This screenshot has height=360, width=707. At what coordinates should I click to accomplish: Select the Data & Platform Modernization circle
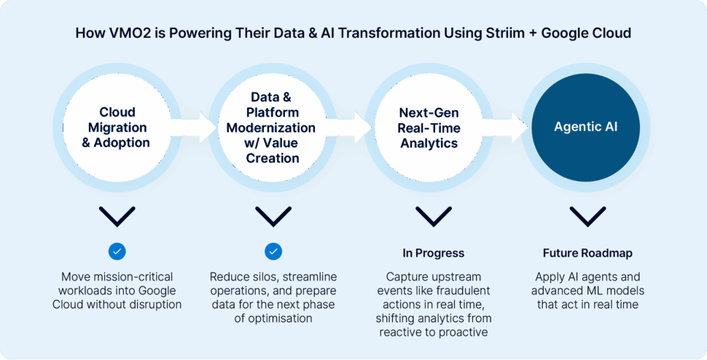pos(273,128)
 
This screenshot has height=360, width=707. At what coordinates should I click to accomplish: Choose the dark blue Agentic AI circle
pos(586,128)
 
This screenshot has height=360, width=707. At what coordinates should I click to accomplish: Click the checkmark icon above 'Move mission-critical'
pos(117,251)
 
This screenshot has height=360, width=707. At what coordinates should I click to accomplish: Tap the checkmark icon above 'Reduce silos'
pos(273,251)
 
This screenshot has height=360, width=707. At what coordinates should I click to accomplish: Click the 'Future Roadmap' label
pos(587,254)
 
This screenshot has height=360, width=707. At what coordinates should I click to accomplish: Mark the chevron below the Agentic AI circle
pos(587,216)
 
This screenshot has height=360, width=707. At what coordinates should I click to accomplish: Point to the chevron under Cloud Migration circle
pos(117,216)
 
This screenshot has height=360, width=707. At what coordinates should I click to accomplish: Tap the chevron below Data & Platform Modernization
pos(273,216)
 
